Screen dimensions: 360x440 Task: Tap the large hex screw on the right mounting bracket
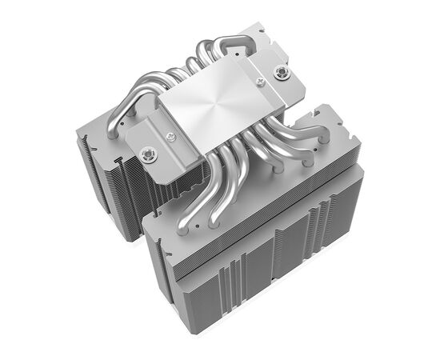[x=279, y=73]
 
